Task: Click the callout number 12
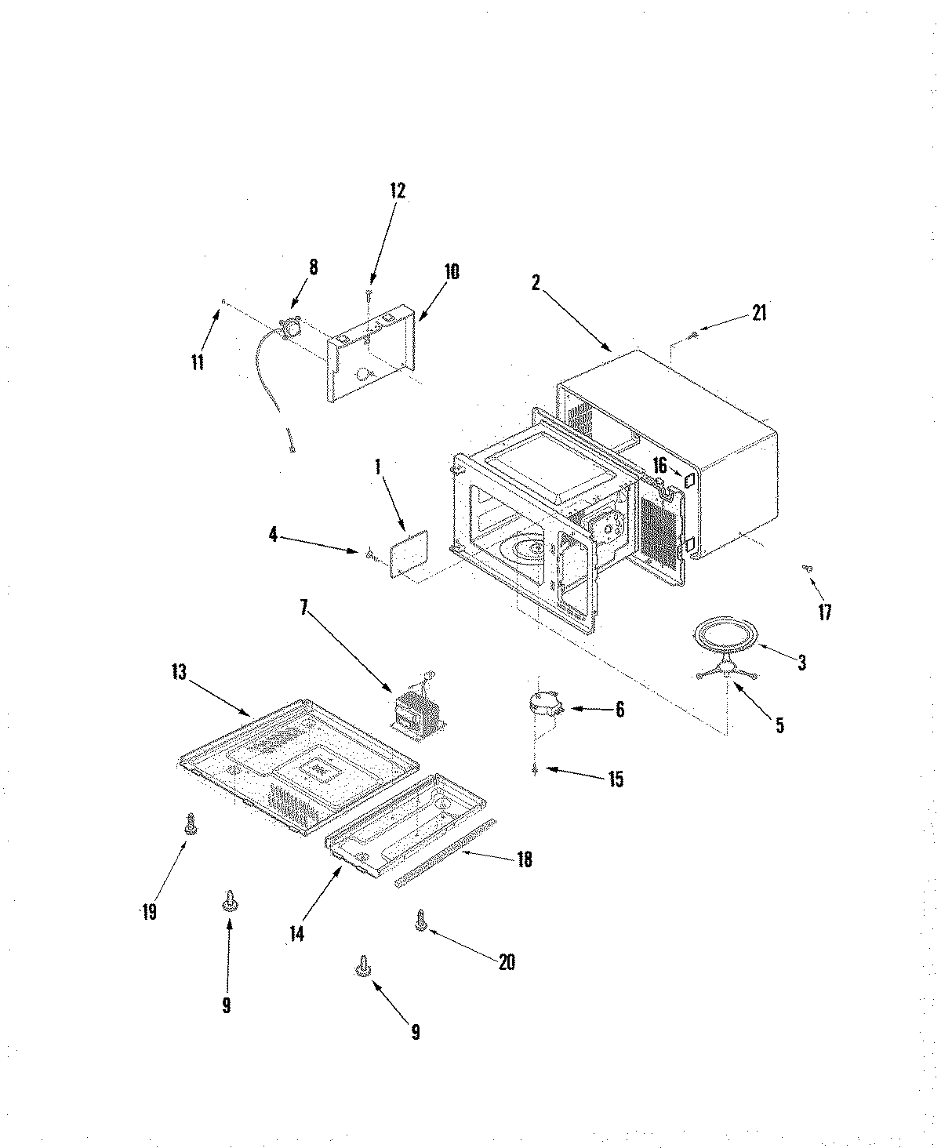pyautogui.click(x=397, y=191)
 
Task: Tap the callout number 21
pyautogui.click(x=758, y=313)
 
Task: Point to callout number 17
pyautogui.click(x=824, y=612)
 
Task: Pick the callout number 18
pyautogui.click(x=524, y=860)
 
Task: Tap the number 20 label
pyautogui.click(x=507, y=961)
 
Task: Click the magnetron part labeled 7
pyautogui.click(x=420, y=705)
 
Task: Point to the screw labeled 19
pyautogui.click(x=189, y=823)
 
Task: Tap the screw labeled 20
pyautogui.click(x=421, y=921)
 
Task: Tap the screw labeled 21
pyautogui.click(x=692, y=336)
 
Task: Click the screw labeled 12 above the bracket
pyautogui.click(x=368, y=295)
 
